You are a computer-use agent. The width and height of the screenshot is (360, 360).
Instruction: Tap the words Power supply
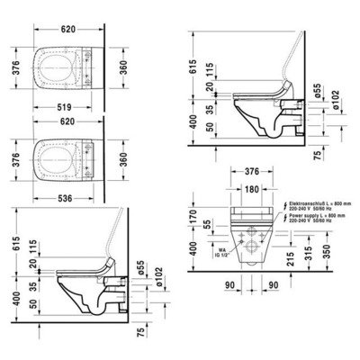click(x=297, y=217)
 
